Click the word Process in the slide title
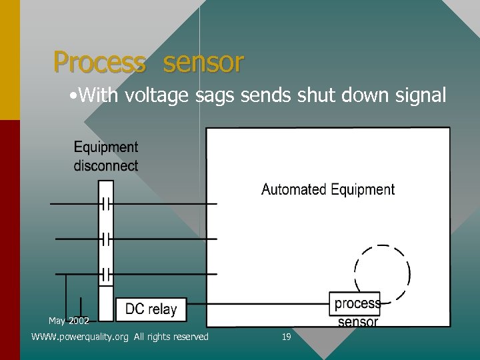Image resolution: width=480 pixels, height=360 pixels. tap(99, 63)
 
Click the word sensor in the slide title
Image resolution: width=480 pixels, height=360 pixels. tap(203, 63)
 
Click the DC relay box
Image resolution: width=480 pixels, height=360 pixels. tap(151, 309)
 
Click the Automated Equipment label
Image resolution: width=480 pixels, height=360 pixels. tap(328, 189)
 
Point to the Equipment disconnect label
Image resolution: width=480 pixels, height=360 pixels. tap(106, 157)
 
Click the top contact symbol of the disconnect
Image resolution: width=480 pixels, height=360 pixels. tap(105, 203)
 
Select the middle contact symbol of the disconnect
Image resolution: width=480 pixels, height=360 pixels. tap(105, 238)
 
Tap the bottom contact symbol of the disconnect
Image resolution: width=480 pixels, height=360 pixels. tap(105, 273)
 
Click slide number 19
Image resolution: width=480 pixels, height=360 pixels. tap(287, 337)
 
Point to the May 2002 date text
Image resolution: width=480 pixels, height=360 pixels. tap(69, 321)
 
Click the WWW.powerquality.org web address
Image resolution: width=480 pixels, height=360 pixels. tap(80, 337)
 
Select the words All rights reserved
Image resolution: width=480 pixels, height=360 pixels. tap(171, 337)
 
